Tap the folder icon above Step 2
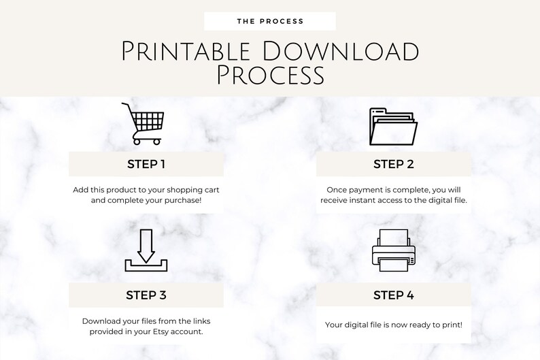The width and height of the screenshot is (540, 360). tap(393, 127)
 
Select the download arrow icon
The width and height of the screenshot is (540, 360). tap(146, 252)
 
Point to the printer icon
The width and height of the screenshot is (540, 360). tap(393, 251)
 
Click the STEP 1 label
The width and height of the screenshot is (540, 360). tap(146, 164)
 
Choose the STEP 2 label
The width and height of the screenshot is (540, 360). tap(394, 164)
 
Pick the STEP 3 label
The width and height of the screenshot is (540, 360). tap(146, 295)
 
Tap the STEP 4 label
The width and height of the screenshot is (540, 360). tap(394, 295)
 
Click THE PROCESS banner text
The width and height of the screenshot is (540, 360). tap(270, 21)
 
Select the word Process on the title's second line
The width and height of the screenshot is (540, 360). tap(270, 76)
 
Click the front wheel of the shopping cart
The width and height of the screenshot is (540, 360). tap(157, 142)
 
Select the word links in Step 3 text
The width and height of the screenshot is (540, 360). tap(198, 321)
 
